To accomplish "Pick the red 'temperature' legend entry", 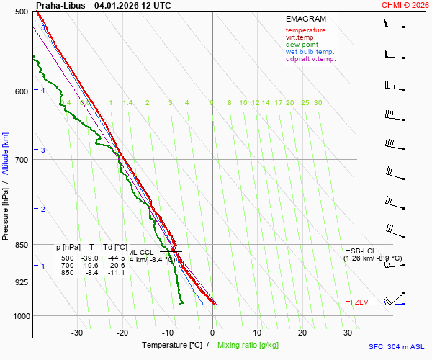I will click(305, 30).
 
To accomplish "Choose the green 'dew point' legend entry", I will click(302, 45).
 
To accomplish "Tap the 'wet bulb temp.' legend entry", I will click(310, 52).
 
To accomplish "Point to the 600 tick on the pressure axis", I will click(20, 91).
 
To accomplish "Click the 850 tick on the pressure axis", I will click(20, 246).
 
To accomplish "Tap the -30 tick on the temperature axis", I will click(77, 333).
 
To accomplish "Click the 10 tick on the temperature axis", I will click(257, 333).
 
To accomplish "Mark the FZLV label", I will click(359, 302).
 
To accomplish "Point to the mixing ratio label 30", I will click(318, 103).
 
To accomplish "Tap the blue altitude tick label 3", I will click(43, 150).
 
